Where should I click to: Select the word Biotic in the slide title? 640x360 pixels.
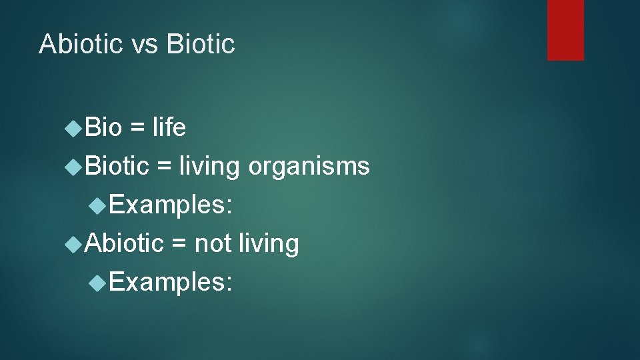coord(201,44)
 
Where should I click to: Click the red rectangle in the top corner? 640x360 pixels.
coord(565,30)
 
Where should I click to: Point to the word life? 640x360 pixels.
coord(169,127)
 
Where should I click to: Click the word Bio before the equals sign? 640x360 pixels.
coord(104,127)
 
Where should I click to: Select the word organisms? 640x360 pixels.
coord(309,166)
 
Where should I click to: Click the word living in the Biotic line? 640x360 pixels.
coord(209,166)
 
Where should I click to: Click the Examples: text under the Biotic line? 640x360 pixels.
coord(171,205)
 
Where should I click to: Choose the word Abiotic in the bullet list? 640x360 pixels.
coord(125,243)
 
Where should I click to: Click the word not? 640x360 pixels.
coord(212,243)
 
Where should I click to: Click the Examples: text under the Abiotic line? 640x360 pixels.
coord(171,282)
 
